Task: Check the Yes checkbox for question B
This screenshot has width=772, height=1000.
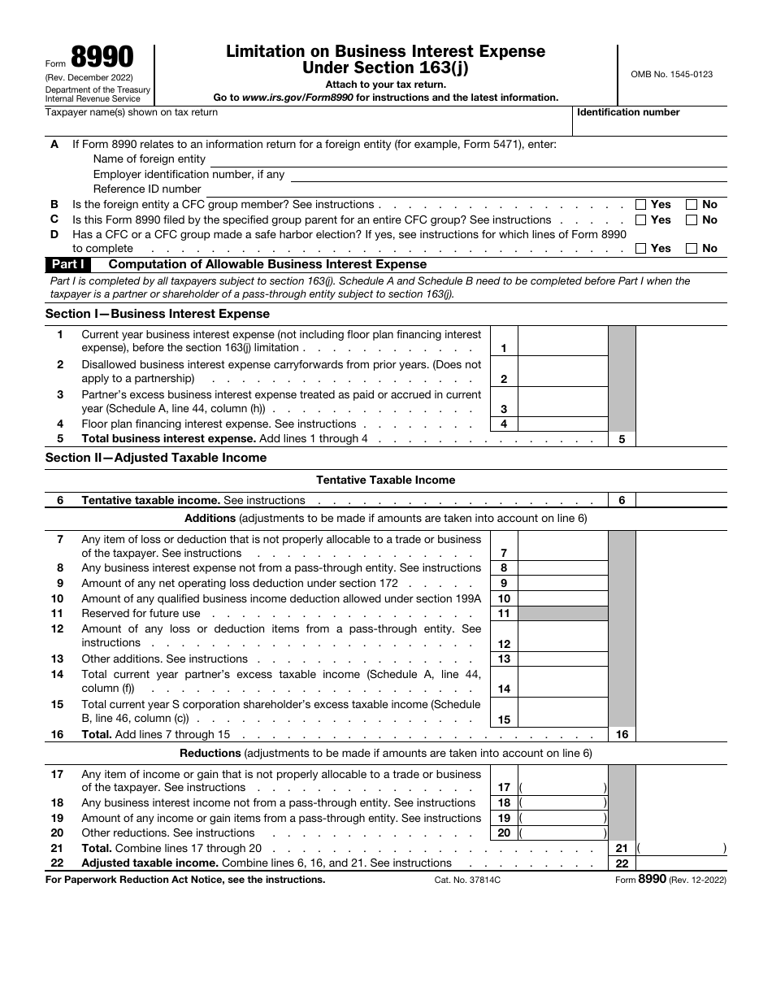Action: [641, 205]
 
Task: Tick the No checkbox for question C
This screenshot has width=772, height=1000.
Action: [692, 220]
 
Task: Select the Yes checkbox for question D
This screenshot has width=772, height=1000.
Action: [641, 249]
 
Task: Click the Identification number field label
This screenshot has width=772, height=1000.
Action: [628, 112]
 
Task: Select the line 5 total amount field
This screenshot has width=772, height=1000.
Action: [680, 439]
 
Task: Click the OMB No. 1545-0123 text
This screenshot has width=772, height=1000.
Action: [671, 74]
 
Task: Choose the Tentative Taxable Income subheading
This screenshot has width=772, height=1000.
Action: [385, 480]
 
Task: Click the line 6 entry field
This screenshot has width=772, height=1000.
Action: [680, 500]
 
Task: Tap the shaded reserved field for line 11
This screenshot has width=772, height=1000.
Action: [562, 614]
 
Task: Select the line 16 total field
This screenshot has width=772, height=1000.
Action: [680, 734]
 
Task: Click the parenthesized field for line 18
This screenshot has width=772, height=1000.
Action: [562, 803]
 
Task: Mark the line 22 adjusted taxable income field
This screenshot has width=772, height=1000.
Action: [680, 863]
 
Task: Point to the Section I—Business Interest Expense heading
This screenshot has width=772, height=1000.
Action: [158, 314]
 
